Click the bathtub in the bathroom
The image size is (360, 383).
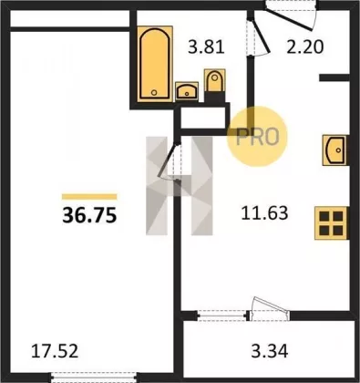tap(155, 64)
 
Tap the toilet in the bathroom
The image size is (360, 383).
tap(215, 80)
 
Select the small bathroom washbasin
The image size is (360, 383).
tap(187, 91)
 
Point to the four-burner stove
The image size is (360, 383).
tap(331, 223)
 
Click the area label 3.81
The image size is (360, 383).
tap(206, 47)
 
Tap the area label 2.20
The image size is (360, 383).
tap(305, 47)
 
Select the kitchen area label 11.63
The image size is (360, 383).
tap(264, 213)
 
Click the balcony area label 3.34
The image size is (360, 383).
tap(270, 352)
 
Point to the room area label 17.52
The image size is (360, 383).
tap(55, 351)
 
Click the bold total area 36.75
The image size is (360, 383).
tap(89, 216)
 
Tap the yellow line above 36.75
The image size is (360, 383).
tap(89, 197)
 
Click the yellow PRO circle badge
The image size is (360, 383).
tap(257, 136)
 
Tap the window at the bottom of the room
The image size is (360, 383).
tap(93, 377)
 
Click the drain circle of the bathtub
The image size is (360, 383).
tap(154, 92)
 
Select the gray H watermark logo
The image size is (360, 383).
tap(179, 186)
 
